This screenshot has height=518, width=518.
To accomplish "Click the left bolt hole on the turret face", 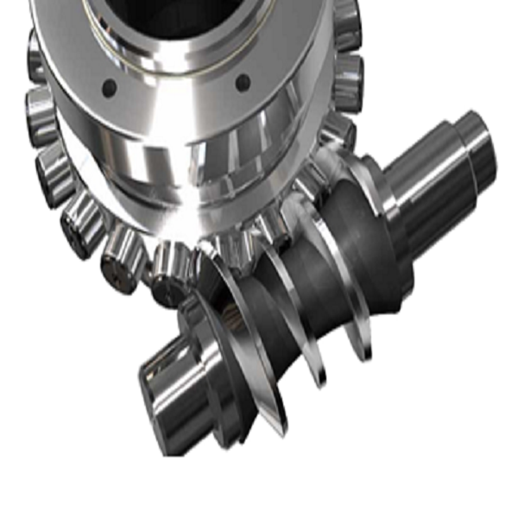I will coord(109,86).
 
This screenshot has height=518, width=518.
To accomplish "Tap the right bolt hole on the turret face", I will coord(243,83).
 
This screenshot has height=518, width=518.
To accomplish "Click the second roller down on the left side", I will coord(40,112).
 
